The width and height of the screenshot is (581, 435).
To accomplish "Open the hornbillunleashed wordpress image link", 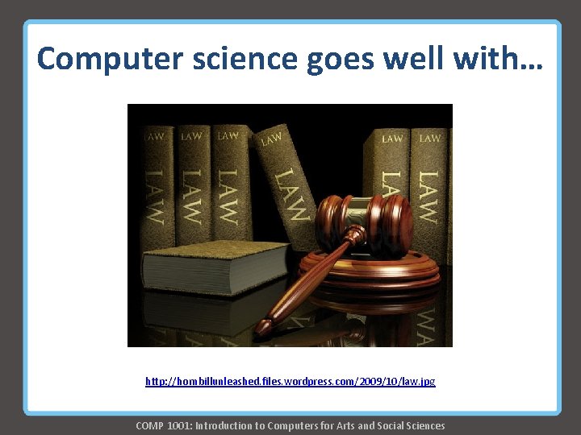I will coord(290,381).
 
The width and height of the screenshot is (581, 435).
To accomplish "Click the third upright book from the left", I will coord(227,185).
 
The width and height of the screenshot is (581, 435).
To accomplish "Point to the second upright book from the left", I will coord(191,185).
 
